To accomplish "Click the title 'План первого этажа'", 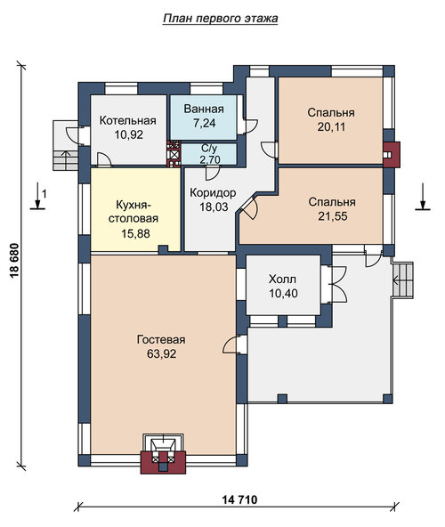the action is pyautogui.click(x=221, y=18).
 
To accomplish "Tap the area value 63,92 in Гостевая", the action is pyautogui.click(x=161, y=353).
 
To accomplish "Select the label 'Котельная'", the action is pyautogui.click(x=128, y=120).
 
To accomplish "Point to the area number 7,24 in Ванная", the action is pyautogui.click(x=204, y=123).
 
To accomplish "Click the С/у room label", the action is pyautogui.click(x=209, y=148).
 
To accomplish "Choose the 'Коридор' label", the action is pyautogui.click(x=213, y=193).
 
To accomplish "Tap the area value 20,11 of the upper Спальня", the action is pyautogui.click(x=331, y=126).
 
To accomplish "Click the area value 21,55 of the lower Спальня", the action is pyautogui.click(x=333, y=216).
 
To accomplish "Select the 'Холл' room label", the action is pyautogui.click(x=283, y=279).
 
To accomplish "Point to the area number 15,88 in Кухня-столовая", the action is pyautogui.click(x=135, y=233).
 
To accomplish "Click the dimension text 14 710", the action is pyautogui.click(x=239, y=499).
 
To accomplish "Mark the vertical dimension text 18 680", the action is pyautogui.click(x=15, y=261).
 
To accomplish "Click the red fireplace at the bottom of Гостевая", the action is pyautogui.click(x=163, y=454).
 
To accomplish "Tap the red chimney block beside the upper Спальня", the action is pyautogui.click(x=392, y=155).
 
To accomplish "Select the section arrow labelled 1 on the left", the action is pyautogui.click(x=37, y=196).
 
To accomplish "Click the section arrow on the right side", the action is pyautogui.click(x=423, y=197).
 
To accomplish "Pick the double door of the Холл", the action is pyautogui.click(x=339, y=285).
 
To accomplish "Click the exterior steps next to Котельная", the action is pyautogui.click(x=66, y=145).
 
